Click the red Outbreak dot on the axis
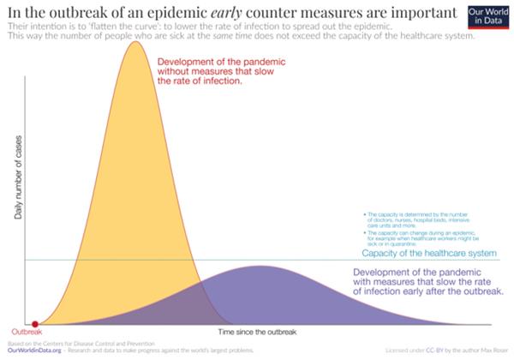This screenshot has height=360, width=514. coord(34,323)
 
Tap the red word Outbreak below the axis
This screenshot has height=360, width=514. coord(26,332)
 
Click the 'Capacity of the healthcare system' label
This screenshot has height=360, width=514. coord(428,254)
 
